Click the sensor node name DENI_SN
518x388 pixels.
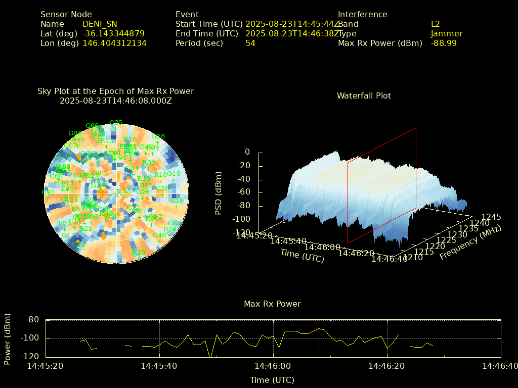click(x=100, y=24)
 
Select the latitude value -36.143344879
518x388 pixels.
click(x=113, y=34)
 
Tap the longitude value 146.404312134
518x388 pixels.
click(x=114, y=43)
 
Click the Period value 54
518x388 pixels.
click(x=250, y=43)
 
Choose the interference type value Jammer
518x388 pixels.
click(x=447, y=34)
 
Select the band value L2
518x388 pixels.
click(x=436, y=24)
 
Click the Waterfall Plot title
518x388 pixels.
click(x=364, y=95)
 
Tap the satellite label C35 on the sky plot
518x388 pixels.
click(x=116, y=123)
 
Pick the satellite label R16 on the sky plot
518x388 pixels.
click(x=139, y=253)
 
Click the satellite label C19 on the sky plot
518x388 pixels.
click(x=177, y=201)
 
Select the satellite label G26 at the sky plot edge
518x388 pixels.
click(x=158, y=136)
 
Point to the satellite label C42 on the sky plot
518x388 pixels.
click(x=48, y=192)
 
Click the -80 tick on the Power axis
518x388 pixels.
click(x=33, y=320)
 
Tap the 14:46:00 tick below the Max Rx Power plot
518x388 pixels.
click(x=274, y=366)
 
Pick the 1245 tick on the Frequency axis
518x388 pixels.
click(x=491, y=217)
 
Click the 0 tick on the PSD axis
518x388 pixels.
click(x=247, y=152)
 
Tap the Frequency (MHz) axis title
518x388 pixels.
click(x=470, y=243)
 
